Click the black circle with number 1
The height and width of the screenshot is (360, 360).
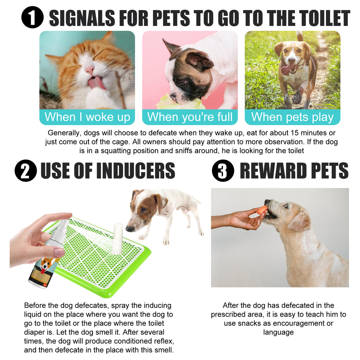[33, 17]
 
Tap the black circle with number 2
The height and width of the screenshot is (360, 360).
[26, 171]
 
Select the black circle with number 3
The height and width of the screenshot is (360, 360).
[223, 171]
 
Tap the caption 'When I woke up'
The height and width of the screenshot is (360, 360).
[87, 117]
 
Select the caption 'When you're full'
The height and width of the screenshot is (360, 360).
[190, 117]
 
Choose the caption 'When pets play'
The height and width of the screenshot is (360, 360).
[292, 117]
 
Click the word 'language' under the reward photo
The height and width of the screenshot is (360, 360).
[278, 332]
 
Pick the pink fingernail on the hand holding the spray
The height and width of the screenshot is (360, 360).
[59, 252]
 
